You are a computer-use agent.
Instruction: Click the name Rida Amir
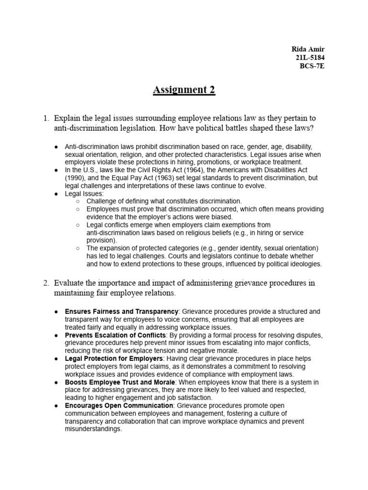[x=308, y=50]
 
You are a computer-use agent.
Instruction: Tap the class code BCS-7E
[x=312, y=66]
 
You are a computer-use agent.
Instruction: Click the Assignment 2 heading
[x=184, y=90]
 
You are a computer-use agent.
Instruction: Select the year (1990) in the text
[x=76, y=178]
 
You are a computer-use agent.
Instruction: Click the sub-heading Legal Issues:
[x=84, y=193]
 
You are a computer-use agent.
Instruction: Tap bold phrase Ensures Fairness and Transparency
[x=121, y=312]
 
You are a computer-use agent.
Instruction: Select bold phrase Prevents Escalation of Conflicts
[x=115, y=335]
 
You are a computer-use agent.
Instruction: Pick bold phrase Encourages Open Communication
[x=119, y=406]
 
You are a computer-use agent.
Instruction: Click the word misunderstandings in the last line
[x=93, y=429]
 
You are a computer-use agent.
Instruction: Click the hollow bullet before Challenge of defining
[x=78, y=201]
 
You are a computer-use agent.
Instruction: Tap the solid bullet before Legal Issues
[x=57, y=193]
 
